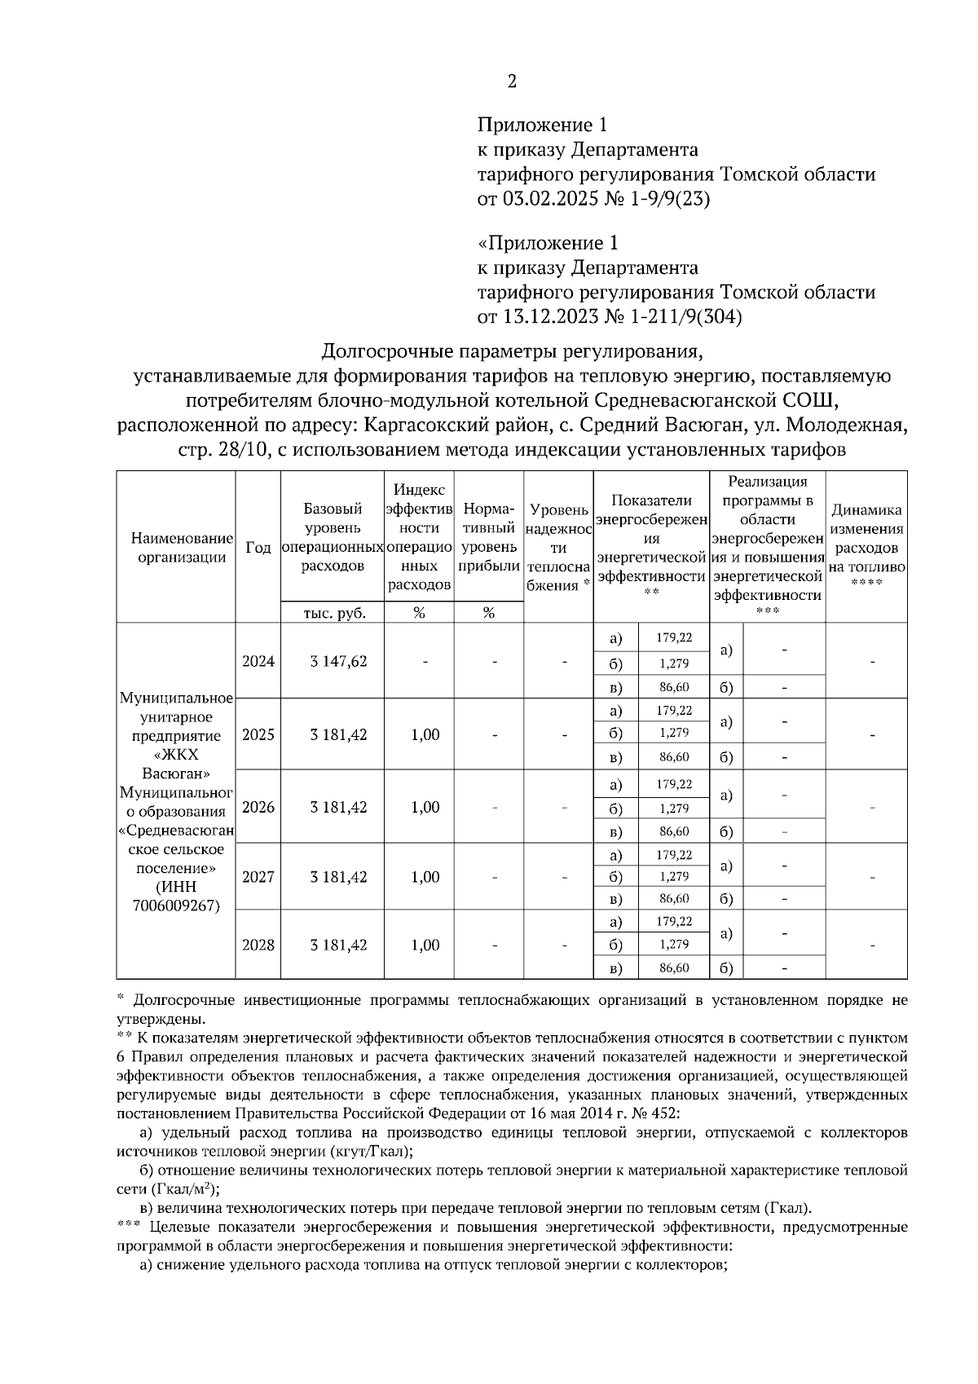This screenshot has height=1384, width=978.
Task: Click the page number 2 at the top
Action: pyautogui.click(x=512, y=81)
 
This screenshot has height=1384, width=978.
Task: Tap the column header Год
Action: pyautogui.click(x=258, y=548)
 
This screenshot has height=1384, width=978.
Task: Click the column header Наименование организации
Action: pyautogui.click(x=177, y=548)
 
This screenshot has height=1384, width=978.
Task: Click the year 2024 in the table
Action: pyautogui.click(x=258, y=661)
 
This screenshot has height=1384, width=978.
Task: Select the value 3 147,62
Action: pyautogui.click(x=338, y=661)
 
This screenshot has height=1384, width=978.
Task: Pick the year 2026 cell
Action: pyautogui.click(x=258, y=807)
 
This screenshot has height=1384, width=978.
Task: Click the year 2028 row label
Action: pyautogui.click(x=258, y=945)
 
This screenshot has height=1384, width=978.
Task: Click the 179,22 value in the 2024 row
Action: pyautogui.click(x=674, y=637)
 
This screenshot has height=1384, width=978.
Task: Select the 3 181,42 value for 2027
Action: pyautogui.click(x=338, y=877)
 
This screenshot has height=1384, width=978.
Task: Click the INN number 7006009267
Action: pyautogui.click(x=177, y=905)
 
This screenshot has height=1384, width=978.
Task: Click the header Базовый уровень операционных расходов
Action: pyautogui.click(x=333, y=538)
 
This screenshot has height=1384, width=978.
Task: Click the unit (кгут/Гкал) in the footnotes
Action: pyautogui.click(x=369, y=1151)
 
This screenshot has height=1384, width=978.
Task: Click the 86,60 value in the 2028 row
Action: pyautogui.click(x=674, y=967)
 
